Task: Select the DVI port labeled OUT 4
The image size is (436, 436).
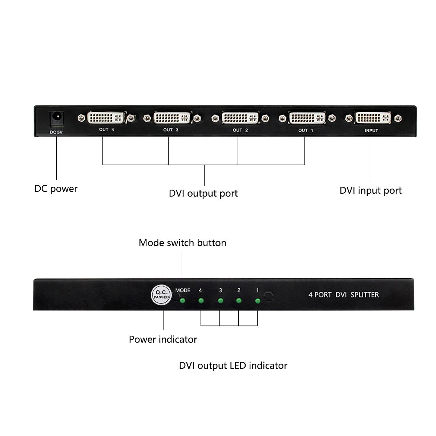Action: (x=106, y=118)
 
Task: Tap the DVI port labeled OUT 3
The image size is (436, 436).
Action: (x=171, y=118)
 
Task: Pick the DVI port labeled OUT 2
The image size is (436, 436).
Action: (x=240, y=118)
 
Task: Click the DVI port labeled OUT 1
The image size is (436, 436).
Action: (x=307, y=118)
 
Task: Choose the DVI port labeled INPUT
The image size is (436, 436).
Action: (x=373, y=118)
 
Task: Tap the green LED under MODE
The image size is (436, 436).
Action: (x=183, y=301)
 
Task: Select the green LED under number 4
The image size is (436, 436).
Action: (x=201, y=301)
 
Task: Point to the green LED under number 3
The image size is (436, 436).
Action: (x=220, y=301)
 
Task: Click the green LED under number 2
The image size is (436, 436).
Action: (x=239, y=301)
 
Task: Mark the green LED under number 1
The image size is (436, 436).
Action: (x=258, y=301)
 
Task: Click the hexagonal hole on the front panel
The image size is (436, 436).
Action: (x=269, y=296)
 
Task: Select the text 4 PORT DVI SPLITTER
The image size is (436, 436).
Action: (x=343, y=295)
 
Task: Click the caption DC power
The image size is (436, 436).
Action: (x=56, y=189)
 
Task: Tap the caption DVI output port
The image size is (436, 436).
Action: (x=203, y=193)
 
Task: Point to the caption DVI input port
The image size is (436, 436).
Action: (x=371, y=190)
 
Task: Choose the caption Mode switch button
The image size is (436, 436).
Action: (x=182, y=243)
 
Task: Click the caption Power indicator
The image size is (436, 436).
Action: (x=163, y=339)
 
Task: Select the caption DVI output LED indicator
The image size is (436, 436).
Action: (x=233, y=366)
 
